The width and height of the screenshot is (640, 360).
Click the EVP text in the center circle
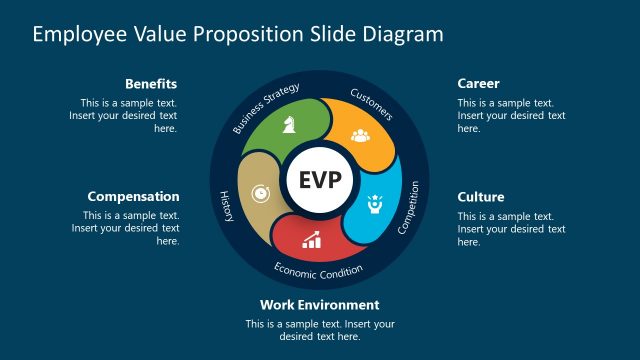click(319, 180)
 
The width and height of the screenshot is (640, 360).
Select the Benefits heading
click(152, 83)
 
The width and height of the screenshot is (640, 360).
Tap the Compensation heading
click(133, 197)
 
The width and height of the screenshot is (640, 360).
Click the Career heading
click(478, 83)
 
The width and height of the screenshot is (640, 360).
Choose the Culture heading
click(481, 197)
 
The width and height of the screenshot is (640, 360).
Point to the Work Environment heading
click(319, 305)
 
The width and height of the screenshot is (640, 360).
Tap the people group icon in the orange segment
click(361, 135)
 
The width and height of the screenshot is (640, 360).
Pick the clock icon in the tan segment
click(260, 192)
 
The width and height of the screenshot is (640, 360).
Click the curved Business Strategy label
click(266, 109)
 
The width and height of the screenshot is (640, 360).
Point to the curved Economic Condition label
click(319, 268)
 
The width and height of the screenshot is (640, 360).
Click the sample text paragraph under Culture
click(511, 229)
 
